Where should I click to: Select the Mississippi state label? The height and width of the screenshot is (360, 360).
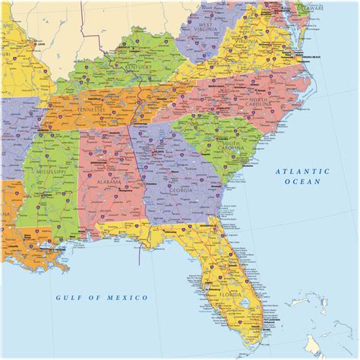[49, 172]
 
